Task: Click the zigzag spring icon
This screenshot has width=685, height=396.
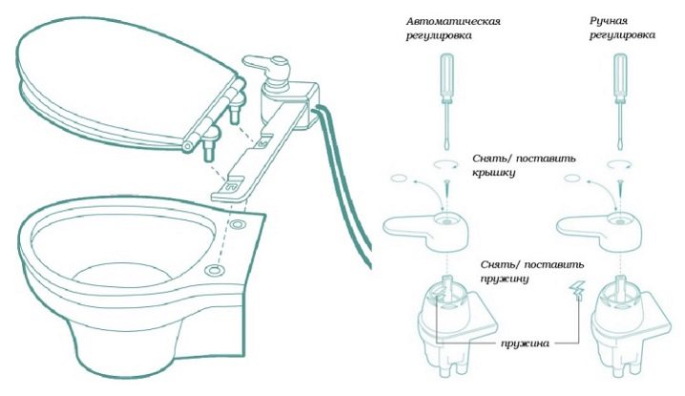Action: (x=578, y=292)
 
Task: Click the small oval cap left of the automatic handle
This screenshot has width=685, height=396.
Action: (x=399, y=177)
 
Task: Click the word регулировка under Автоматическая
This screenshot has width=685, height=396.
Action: (x=441, y=37)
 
